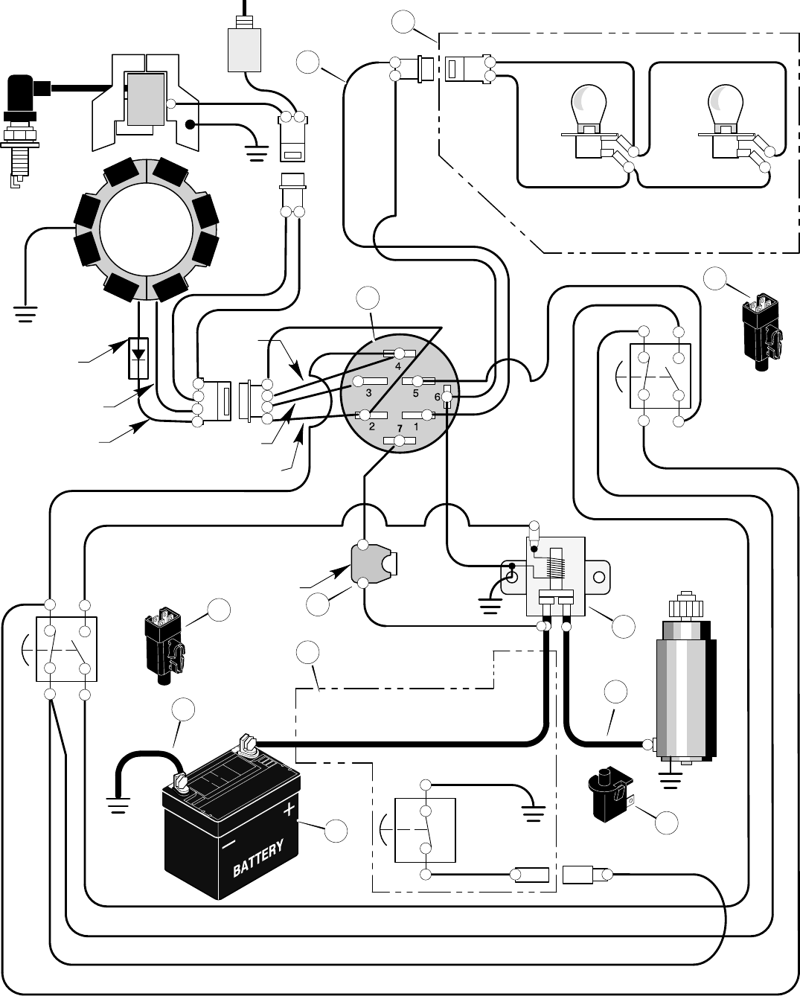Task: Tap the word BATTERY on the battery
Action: pos(258,858)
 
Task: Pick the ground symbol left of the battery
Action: pos(118,805)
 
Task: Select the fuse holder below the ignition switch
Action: pos(369,564)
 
